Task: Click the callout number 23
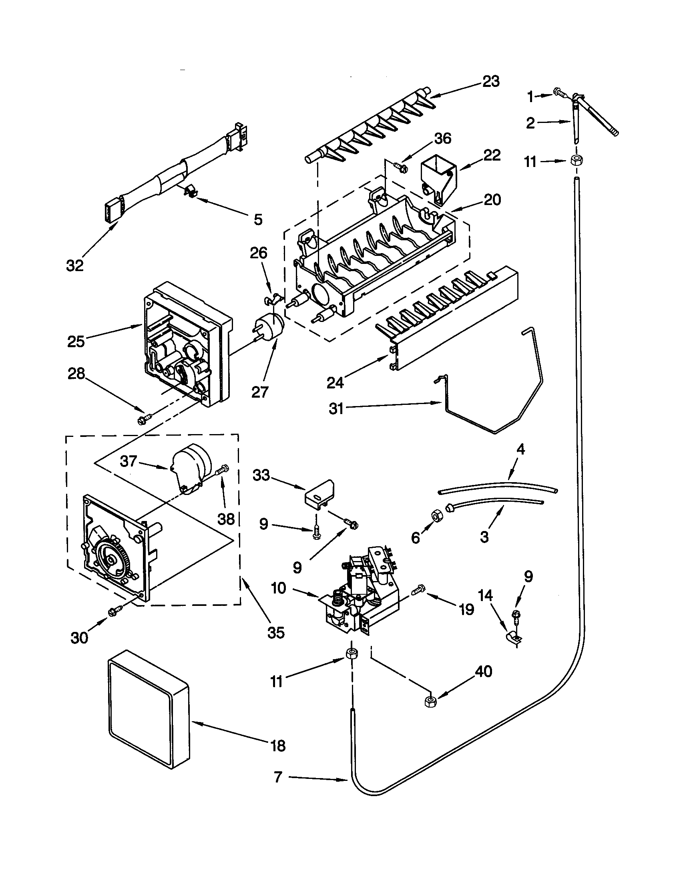coord(491,81)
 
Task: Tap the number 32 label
coord(75,265)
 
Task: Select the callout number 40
coord(484,671)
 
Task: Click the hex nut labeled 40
coord(430,702)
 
